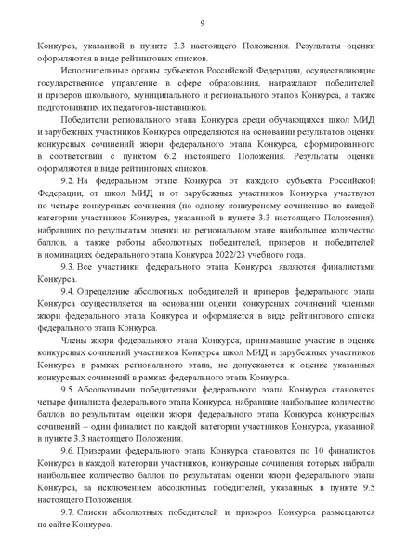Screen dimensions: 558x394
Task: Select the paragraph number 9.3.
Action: [67, 265]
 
